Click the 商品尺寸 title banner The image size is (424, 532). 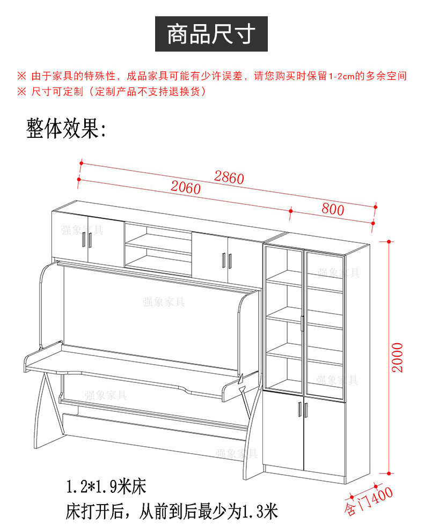(x=211, y=34)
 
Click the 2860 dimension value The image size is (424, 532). (x=229, y=178)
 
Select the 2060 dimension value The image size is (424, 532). (x=186, y=188)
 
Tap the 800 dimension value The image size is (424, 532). (x=333, y=209)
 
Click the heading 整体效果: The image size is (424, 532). (x=67, y=129)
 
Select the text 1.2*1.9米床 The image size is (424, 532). (x=106, y=487)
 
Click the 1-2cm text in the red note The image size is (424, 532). (x=342, y=76)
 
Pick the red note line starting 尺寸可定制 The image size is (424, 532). (x=118, y=92)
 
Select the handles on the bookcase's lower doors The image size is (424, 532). (x=303, y=410)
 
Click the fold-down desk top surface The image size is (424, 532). (x=129, y=365)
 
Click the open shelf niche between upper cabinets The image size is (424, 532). (x=158, y=246)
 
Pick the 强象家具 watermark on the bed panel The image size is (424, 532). (x=164, y=302)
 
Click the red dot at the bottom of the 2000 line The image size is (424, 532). (x=388, y=474)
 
